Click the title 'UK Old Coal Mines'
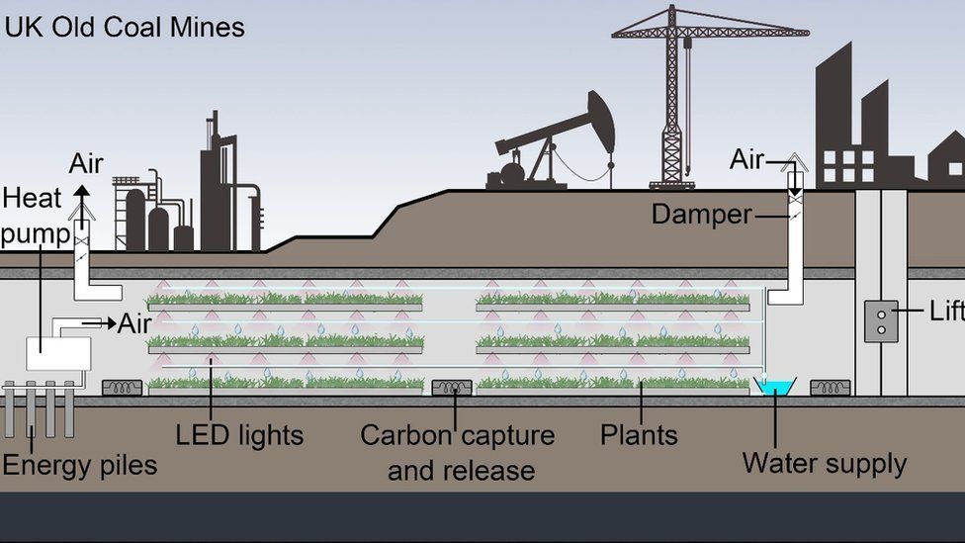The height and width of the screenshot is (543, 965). point(125,27)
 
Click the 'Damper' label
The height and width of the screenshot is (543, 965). point(701,214)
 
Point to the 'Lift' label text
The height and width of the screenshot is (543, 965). point(945,311)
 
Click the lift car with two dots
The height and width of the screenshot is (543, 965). point(881,321)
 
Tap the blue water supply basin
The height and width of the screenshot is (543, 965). point(774,387)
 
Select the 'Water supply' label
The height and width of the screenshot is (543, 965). point(824,463)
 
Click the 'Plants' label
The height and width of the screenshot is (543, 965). point(639,435)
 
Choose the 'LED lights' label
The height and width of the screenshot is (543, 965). point(239,435)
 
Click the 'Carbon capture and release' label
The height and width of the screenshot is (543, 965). point(458,452)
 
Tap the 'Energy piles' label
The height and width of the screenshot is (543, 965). point(79,465)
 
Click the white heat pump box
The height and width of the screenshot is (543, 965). point(58,353)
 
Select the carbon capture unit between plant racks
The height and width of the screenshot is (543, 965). point(452,388)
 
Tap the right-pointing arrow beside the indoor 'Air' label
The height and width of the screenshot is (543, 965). point(99,322)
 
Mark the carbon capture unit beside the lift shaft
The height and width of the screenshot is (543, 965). point(830,388)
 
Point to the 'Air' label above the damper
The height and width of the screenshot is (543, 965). point(746,159)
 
